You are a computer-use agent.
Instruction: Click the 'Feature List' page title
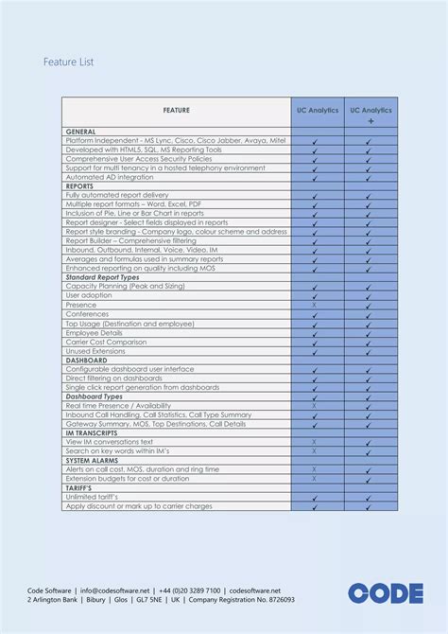point(67,62)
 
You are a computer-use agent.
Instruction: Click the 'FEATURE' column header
point(176,111)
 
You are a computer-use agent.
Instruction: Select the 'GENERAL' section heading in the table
point(80,131)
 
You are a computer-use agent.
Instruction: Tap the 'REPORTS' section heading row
point(79,186)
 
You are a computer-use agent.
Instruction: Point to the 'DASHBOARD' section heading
point(86,361)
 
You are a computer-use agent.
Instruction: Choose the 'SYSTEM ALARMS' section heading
point(94,460)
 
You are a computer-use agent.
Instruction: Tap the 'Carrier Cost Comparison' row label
point(106,342)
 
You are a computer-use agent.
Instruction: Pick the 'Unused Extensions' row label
point(95,351)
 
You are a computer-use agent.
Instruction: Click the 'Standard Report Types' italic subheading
point(103,276)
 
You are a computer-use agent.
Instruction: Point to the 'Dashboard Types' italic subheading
point(95,396)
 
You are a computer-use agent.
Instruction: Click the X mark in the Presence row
point(315,305)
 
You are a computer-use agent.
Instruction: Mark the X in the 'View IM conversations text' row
point(315,442)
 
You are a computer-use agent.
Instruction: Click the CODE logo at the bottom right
point(385,593)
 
